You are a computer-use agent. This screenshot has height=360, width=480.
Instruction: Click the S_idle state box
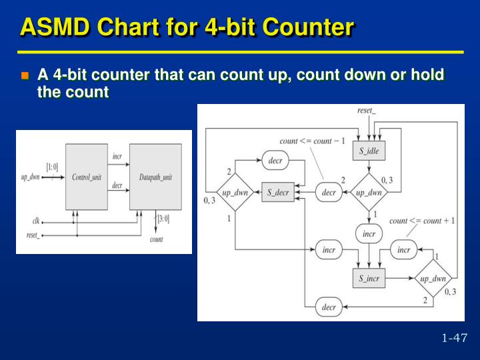click(369, 151)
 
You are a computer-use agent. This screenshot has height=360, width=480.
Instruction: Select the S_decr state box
click(277, 193)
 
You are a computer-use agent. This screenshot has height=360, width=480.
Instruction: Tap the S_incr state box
click(369, 278)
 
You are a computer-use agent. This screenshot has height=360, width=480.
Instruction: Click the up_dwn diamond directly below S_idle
click(369, 193)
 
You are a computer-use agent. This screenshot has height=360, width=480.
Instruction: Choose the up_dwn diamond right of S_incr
click(433, 278)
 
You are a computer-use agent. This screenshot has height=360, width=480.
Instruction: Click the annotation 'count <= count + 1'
click(422, 221)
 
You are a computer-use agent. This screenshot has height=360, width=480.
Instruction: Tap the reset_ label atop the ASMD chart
click(367, 110)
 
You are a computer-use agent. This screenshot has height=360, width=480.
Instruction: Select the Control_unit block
click(86, 177)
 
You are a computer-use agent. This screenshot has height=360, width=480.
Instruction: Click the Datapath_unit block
click(155, 177)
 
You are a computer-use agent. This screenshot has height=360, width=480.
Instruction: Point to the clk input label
click(35, 220)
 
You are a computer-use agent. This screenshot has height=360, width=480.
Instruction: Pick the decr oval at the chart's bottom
click(329, 307)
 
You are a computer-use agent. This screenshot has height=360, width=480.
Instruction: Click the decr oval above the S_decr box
click(275, 161)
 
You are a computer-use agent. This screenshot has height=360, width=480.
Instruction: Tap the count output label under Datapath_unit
click(156, 239)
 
